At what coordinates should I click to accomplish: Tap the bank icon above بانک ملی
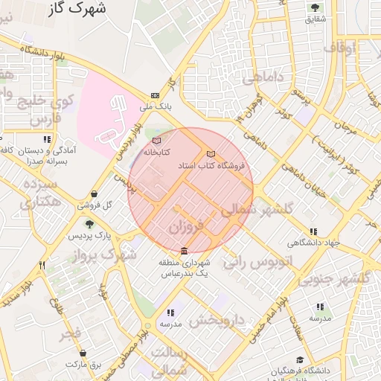point(155,95)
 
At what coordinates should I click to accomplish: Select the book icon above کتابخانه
point(156,140)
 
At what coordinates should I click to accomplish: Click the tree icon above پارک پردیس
point(89,224)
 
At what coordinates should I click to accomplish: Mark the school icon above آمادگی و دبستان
point(47,139)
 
